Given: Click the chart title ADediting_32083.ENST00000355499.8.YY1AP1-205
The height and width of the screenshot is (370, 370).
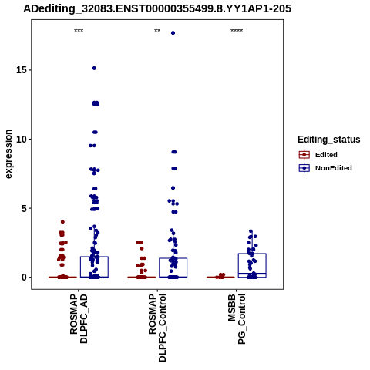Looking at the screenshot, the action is tap(157, 8).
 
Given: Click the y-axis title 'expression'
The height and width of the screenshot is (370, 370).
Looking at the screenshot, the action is tap(8, 154).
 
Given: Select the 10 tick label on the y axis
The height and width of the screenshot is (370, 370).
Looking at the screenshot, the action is tap(22, 139).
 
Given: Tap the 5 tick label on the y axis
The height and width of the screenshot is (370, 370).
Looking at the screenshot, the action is tap(24, 208).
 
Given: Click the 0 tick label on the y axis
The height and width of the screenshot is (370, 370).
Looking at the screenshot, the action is tap(24, 277).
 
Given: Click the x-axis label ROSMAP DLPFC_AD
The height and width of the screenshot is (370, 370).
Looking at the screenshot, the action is tap(79, 318).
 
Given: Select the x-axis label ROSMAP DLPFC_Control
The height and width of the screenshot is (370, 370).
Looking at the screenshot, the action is tap(157, 328).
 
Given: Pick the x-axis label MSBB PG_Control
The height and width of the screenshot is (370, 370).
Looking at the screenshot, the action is tap(237, 318).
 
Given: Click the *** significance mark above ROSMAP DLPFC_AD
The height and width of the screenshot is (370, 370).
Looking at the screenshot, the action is tap(79, 31).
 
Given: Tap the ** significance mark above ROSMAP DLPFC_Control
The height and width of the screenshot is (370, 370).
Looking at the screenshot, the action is tap(157, 31).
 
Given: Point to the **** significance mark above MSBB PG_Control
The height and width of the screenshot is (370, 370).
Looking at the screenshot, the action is tap(237, 31).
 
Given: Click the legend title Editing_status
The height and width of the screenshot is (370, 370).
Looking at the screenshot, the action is tap(329, 140).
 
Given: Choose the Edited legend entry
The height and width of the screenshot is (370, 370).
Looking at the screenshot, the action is tap(318, 155).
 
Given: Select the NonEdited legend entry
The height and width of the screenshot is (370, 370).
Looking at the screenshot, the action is tap(325, 168).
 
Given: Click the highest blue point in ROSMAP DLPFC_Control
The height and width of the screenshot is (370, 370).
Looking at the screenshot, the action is tap(173, 33).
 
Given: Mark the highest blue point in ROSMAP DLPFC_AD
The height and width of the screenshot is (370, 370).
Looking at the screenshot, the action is tap(94, 68).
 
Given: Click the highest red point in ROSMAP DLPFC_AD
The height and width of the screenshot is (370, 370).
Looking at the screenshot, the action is tap(62, 222).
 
